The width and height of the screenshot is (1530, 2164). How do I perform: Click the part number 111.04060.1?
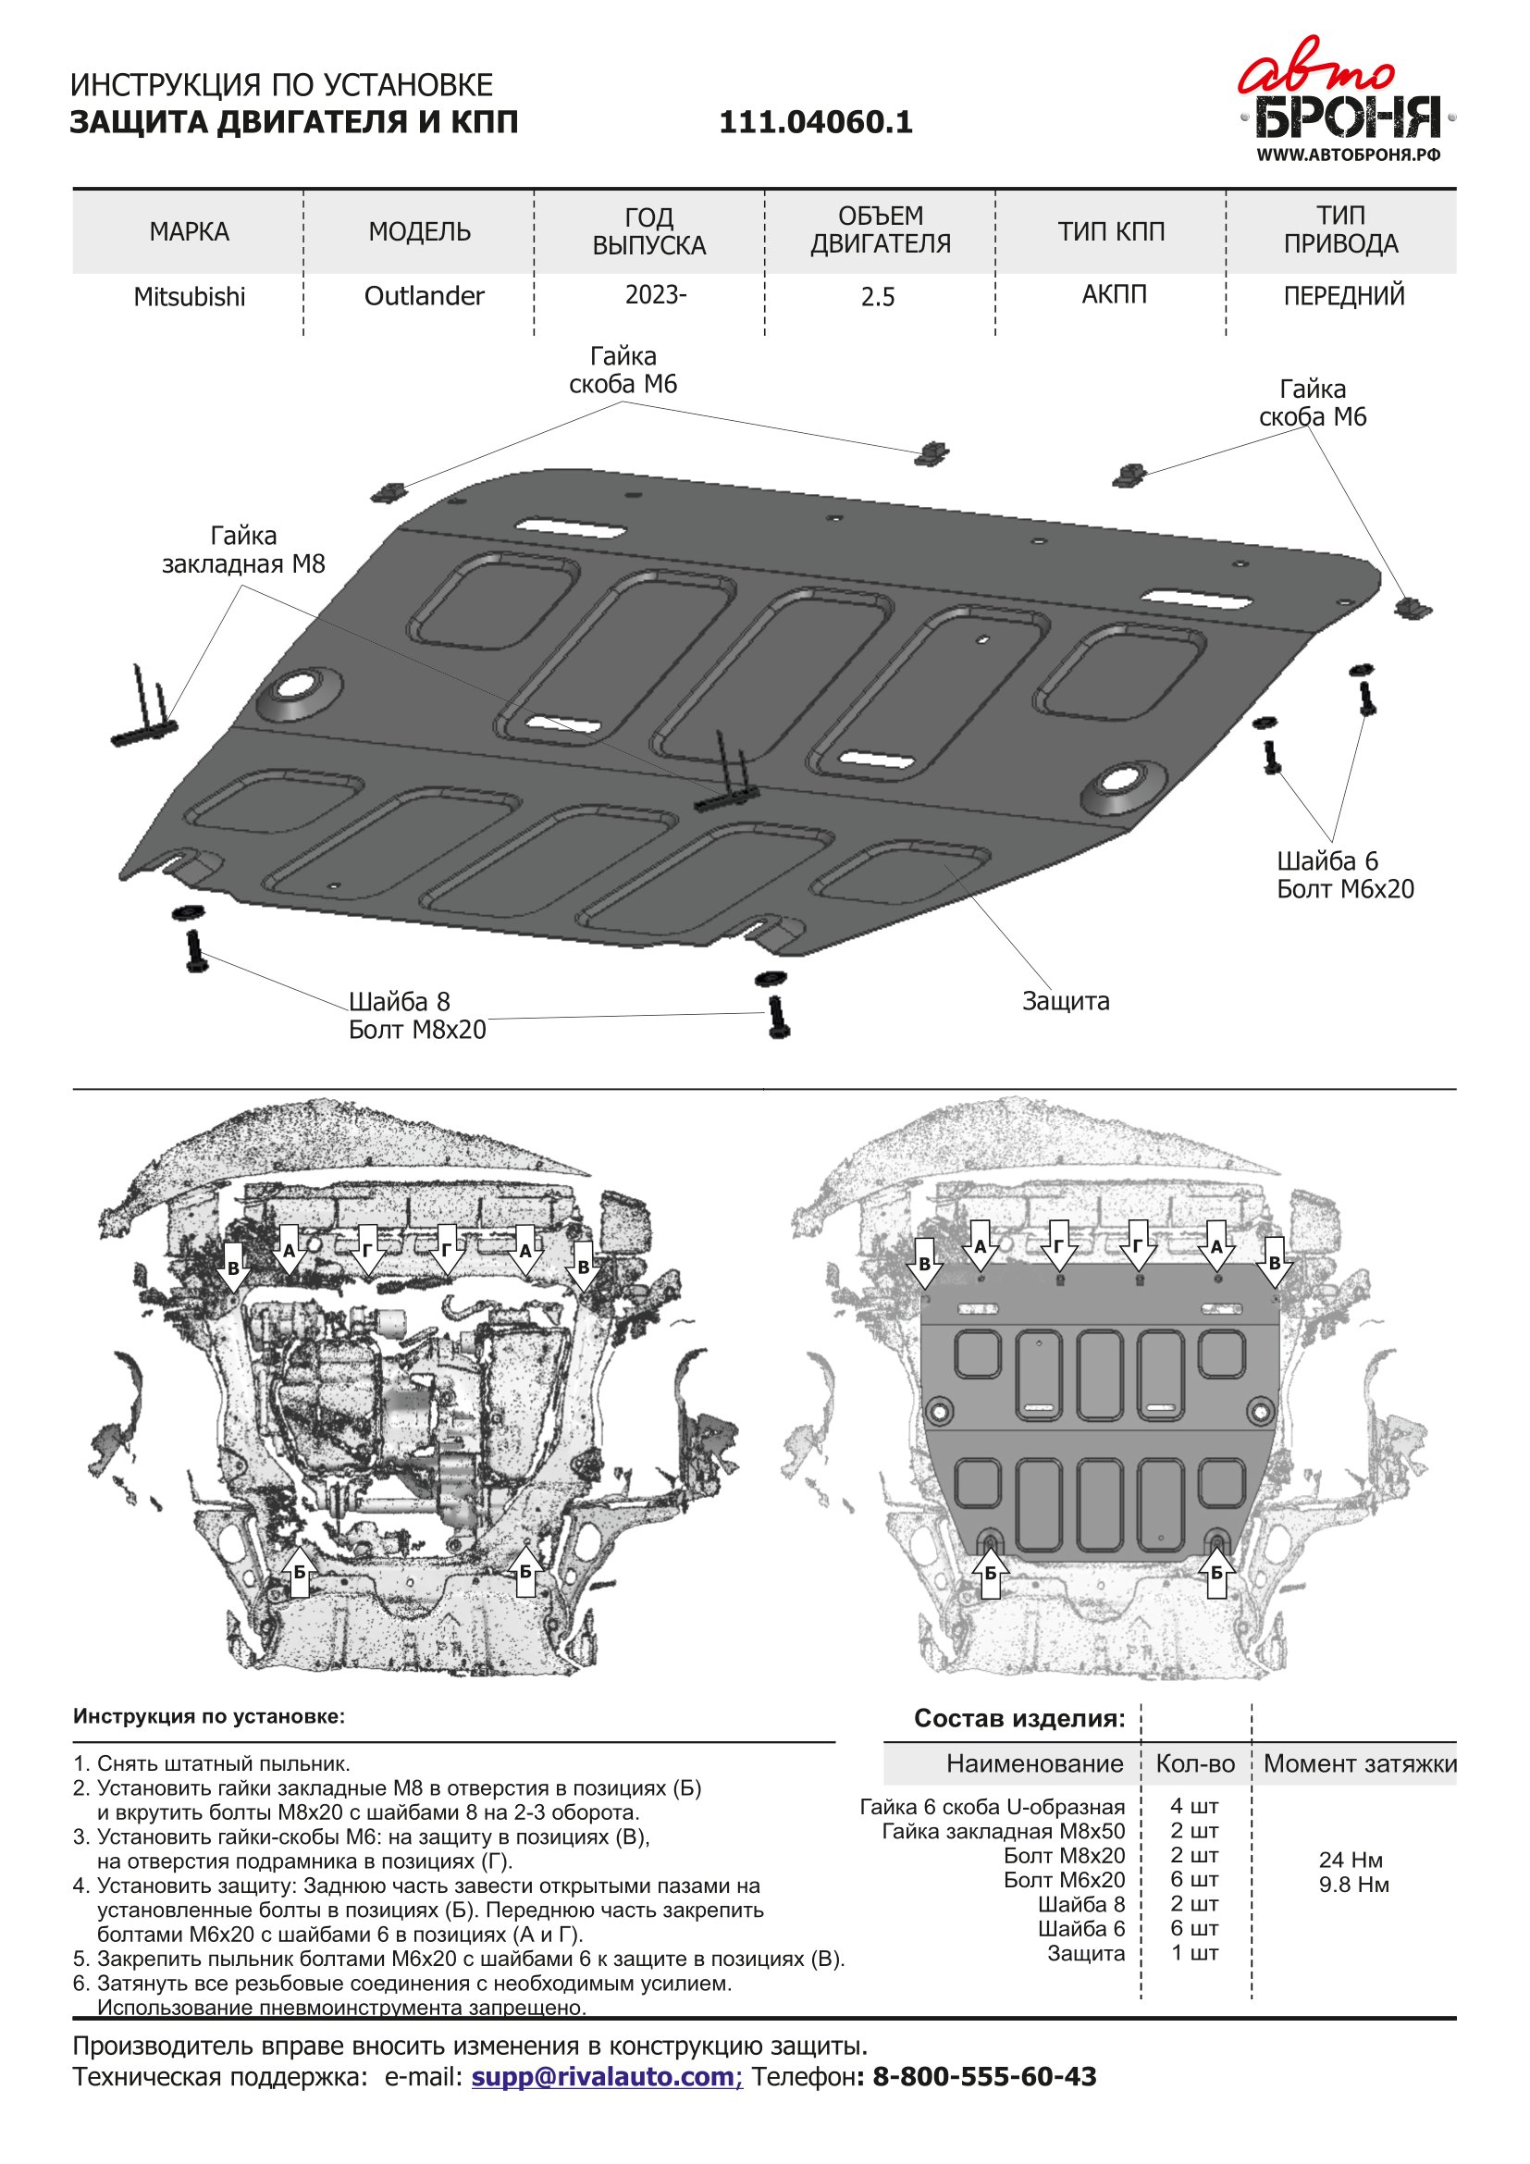[x=816, y=122]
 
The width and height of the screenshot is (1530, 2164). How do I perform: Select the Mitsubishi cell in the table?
[x=190, y=297]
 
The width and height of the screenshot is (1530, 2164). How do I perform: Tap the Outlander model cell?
[x=424, y=296]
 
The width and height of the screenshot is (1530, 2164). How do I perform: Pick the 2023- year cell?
[x=656, y=295]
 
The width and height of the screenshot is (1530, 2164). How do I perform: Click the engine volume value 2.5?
[x=877, y=298]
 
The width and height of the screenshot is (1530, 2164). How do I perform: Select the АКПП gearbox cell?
[x=1114, y=294]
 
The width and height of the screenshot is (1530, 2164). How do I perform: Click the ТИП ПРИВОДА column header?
[x=1340, y=230]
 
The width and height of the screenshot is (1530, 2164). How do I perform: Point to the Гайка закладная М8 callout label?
[x=243, y=550]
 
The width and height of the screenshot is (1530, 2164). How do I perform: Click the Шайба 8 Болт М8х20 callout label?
[x=417, y=1016]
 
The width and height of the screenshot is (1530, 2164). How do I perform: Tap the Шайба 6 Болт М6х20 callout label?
[x=1344, y=874]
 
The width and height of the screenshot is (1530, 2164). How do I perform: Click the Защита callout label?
[x=1066, y=1001]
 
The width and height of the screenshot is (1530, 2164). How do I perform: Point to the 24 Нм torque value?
[x=1350, y=1860]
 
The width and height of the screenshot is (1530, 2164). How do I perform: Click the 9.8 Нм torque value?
[x=1354, y=1885]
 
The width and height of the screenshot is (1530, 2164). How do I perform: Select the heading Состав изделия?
[x=1019, y=1718]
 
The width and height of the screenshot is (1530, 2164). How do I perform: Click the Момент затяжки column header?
[x=1360, y=1763]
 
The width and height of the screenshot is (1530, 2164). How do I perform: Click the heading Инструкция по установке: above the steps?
[x=209, y=1716]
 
